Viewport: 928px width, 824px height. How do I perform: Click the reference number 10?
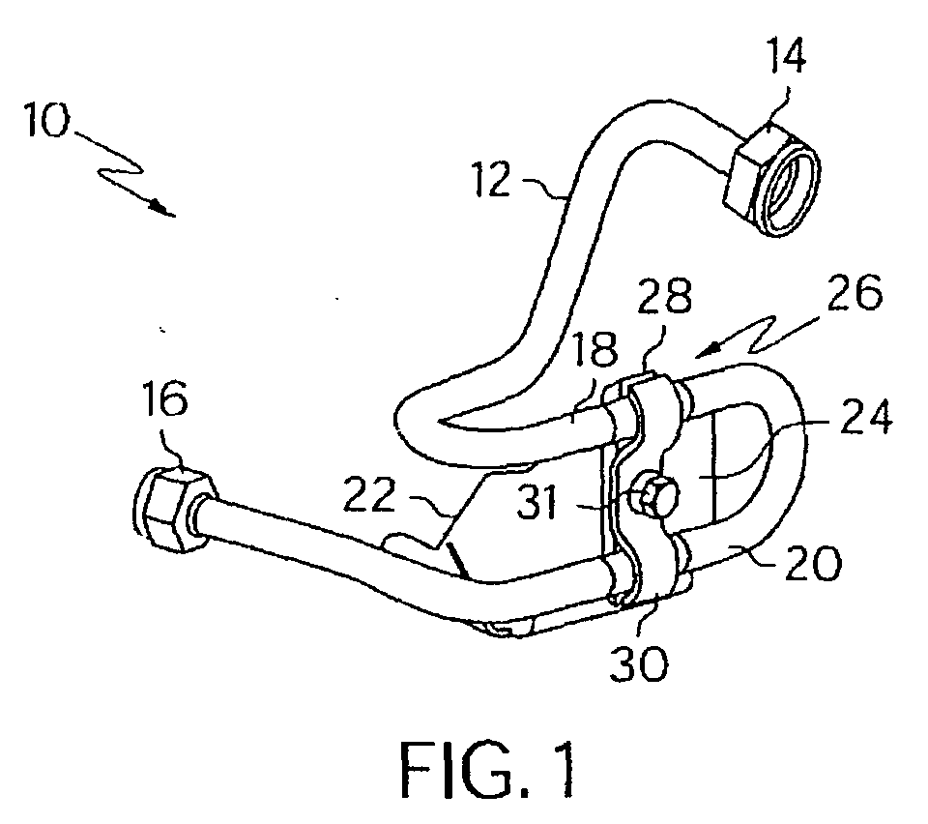click(x=46, y=120)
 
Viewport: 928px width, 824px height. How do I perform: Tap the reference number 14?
click(x=787, y=55)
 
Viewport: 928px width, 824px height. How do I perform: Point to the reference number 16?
click(x=165, y=399)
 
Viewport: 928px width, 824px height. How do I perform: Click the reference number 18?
click(x=595, y=350)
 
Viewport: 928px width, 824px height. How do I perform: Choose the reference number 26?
click(x=855, y=291)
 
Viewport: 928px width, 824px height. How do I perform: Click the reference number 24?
click(x=866, y=416)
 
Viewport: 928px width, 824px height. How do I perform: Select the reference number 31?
click(x=537, y=503)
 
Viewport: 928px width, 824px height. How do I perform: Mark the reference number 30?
click(x=639, y=662)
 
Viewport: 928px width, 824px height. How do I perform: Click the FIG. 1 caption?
click(x=487, y=769)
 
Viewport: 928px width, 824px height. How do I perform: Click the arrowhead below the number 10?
click(x=161, y=208)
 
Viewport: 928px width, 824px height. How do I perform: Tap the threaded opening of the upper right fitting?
click(x=788, y=189)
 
